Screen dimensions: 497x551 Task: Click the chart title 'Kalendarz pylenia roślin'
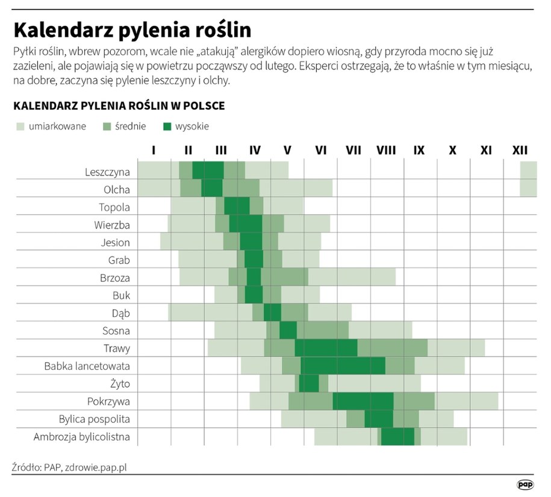click(x=132, y=30)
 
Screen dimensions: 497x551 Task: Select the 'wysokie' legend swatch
click(x=168, y=127)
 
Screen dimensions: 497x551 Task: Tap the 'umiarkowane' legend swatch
click(x=20, y=127)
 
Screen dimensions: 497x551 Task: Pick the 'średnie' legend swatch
click(x=108, y=127)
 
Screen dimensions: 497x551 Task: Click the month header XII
click(x=519, y=150)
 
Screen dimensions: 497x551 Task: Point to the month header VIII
click(x=385, y=150)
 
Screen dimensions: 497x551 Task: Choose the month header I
click(x=154, y=150)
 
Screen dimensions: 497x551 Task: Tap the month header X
click(x=452, y=150)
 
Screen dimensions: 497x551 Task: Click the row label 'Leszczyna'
click(x=107, y=172)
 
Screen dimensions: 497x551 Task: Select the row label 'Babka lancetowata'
click(x=87, y=366)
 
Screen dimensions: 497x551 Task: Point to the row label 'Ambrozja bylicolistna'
click(x=82, y=437)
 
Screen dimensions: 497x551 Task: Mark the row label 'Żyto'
click(x=119, y=384)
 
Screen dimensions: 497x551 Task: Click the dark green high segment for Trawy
click(x=326, y=348)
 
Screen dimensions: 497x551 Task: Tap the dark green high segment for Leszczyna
click(x=208, y=170)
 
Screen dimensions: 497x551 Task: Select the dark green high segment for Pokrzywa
click(x=363, y=401)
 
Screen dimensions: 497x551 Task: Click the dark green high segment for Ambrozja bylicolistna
click(x=397, y=437)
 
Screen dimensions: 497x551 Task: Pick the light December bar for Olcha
click(x=528, y=188)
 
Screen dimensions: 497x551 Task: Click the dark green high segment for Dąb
click(x=272, y=313)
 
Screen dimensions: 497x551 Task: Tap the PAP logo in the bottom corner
click(x=525, y=484)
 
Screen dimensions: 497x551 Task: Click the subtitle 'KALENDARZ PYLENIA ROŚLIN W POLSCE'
click(x=119, y=106)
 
